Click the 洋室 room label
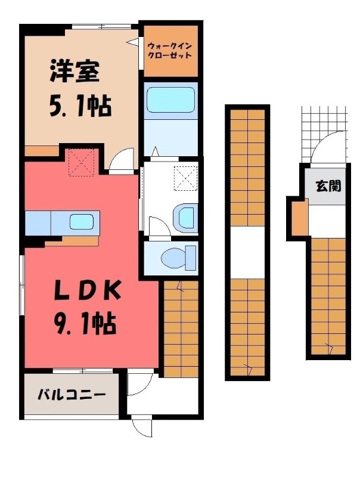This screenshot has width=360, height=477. coord(75,73)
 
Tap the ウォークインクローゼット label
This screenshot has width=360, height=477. coord(170,50)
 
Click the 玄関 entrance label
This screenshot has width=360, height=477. coord(328,186)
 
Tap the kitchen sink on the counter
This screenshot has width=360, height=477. coord(81,222)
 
